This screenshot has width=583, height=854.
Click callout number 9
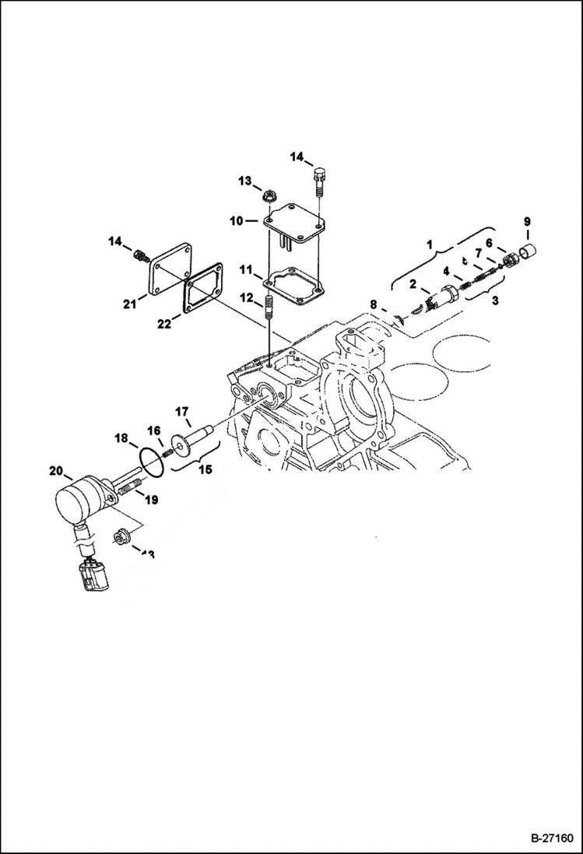(x=527, y=222)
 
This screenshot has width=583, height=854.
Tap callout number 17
(x=181, y=411)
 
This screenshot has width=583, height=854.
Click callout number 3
(x=496, y=300)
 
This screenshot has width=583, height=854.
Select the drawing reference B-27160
(x=552, y=838)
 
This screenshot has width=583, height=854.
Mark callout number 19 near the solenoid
(x=151, y=501)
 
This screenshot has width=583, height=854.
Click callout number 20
(x=55, y=470)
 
